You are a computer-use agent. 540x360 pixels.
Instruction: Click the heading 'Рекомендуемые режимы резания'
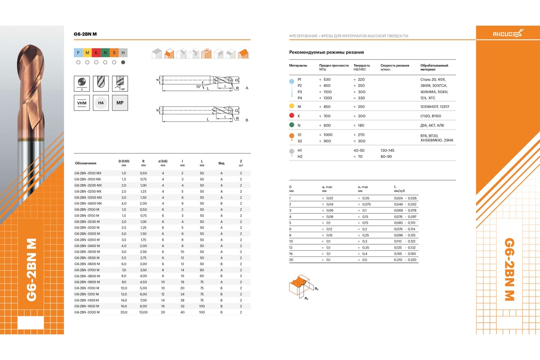[326, 53]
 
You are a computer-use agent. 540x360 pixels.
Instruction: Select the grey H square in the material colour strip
[123, 53]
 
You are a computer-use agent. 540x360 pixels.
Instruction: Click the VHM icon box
[81, 103]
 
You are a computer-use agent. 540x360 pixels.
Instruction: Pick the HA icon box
[101, 103]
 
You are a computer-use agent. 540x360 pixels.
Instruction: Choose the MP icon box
[120, 103]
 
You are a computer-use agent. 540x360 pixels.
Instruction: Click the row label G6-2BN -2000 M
[87, 312]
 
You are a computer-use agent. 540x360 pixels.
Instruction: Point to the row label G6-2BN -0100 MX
[88, 173]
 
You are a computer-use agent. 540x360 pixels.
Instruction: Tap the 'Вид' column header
[221, 162]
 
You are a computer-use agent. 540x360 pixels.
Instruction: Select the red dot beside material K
[292, 116]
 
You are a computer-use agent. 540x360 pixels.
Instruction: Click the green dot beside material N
[292, 125]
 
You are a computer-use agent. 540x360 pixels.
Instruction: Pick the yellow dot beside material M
[292, 106]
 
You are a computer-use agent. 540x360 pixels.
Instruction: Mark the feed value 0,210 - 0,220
[405, 260]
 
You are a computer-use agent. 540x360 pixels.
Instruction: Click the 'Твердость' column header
[362, 65]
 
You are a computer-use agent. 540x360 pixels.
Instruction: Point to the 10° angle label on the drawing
[198, 86]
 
